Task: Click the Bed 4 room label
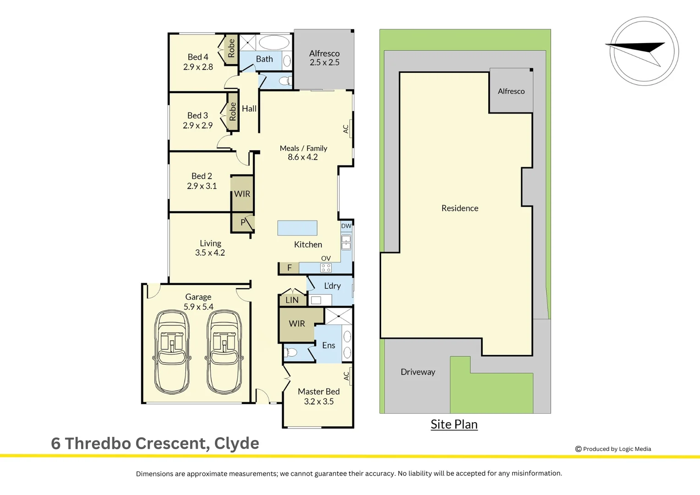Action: (x=198, y=57)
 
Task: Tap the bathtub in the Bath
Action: (x=274, y=43)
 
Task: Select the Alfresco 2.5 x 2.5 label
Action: (x=324, y=58)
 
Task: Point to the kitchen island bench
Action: (x=297, y=228)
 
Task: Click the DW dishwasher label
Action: (x=346, y=226)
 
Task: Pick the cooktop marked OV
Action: (x=326, y=268)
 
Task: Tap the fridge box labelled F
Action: (x=289, y=268)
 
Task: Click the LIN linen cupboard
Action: (x=292, y=300)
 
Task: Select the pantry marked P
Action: (x=243, y=222)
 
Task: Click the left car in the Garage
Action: (x=172, y=352)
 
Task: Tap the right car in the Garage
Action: (x=224, y=352)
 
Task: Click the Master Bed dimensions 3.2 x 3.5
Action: (x=319, y=401)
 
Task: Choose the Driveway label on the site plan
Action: (x=418, y=372)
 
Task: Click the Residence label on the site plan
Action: (x=459, y=208)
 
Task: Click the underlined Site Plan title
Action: (x=454, y=424)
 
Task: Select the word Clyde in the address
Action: (x=236, y=443)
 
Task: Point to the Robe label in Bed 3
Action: (x=233, y=112)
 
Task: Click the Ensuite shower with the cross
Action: (x=339, y=316)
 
